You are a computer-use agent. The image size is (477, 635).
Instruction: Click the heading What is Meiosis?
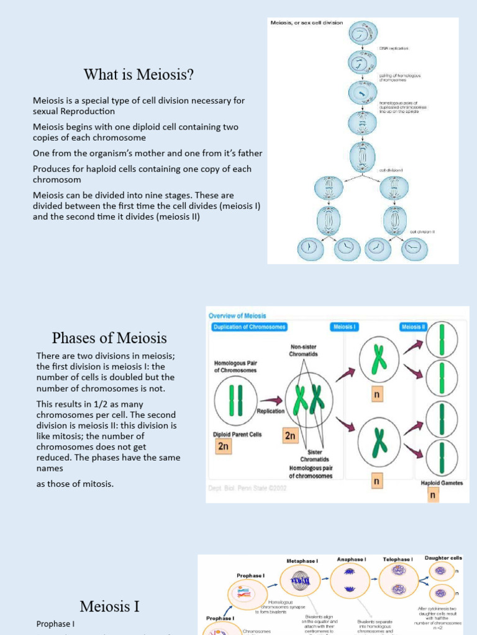tap(139, 76)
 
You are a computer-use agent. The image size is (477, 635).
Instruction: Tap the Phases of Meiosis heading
tap(109, 338)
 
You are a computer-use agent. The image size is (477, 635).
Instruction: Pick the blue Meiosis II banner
tap(413, 327)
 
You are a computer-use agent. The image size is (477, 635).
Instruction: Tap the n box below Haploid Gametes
tap(434, 495)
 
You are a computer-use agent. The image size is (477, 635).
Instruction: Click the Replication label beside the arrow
tap(270, 411)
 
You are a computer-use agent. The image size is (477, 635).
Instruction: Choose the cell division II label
tap(422, 232)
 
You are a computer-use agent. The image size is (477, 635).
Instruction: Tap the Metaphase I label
tap(302, 561)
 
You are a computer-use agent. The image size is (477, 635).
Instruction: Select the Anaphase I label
tap(351, 559)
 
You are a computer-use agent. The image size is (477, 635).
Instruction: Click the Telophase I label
tap(397, 559)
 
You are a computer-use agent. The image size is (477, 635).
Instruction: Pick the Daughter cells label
tap(443, 558)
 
